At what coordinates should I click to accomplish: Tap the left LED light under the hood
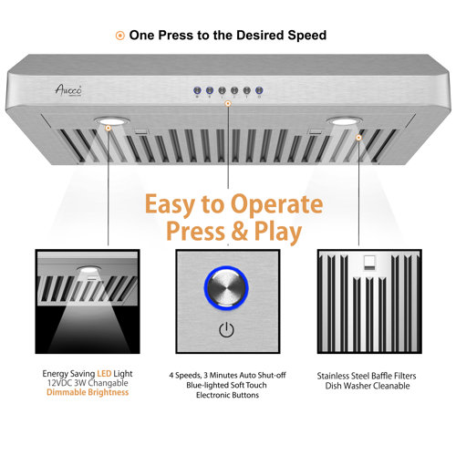click(x=110, y=121)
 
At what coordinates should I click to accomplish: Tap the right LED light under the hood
click(x=345, y=121)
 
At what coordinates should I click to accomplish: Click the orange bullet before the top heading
click(x=119, y=36)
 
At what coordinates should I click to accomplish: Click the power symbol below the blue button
click(x=225, y=329)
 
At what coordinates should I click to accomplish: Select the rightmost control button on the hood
click(x=258, y=90)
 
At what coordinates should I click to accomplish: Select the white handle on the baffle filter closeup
click(x=371, y=264)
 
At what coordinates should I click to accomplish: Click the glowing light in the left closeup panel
click(x=90, y=271)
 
